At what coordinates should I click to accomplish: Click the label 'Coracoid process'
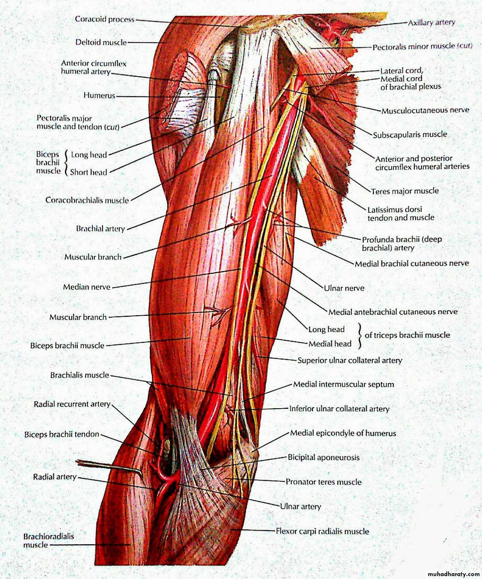pyautogui.click(x=105, y=19)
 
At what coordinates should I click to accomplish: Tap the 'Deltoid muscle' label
pyautogui.click(x=101, y=42)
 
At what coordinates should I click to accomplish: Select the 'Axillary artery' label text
pyautogui.click(x=431, y=22)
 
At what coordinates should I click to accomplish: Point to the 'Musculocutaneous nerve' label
pyautogui.click(x=425, y=110)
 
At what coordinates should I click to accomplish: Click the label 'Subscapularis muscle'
pyautogui.click(x=410, y=135)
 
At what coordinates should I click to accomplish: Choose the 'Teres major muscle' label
pyautogui.click(x=405, y=191)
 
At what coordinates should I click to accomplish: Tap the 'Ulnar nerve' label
pyautogui.click(x=344, y=288)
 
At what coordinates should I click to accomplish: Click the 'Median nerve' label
pyautogui.click(x=86, y=287)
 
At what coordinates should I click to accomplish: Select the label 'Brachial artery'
pyautogui.click(x=100, y=228)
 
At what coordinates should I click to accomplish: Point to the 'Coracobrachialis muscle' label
pyautogui.click(x=87, y=200)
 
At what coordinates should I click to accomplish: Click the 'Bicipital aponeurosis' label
pyautogui.click(x=324, y=457)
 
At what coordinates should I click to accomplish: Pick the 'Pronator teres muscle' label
pyautogui.click(x=324, y=482)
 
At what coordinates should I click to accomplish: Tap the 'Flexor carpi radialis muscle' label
pyautogui.click(x=322, y=531)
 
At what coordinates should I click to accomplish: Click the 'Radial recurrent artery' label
pyautogui.click(x=72, y=404)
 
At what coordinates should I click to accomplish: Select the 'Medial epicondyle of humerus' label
pyautogui.click(x=343, y=433)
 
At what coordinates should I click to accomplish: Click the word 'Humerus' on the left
pyautogui.click(x=99, y=96)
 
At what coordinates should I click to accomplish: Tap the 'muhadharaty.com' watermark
pyautogui.click(x=453, y=574)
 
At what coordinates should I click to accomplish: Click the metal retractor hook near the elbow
pyautogui.click(x=110, y=467)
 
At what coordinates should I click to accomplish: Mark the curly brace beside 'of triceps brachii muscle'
pyautogui.click(x=360, y=336)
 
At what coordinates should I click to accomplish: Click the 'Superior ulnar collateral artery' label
pyautogui.click(x=350, y=360)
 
